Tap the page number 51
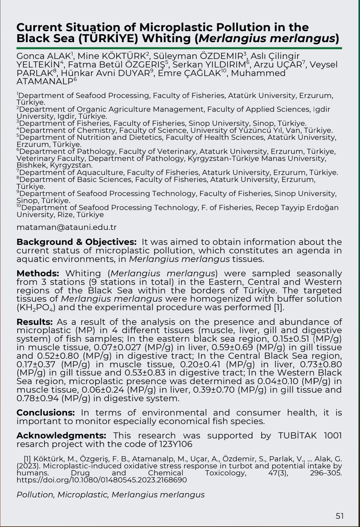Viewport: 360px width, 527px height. pyautogui.click(x=340, y=516)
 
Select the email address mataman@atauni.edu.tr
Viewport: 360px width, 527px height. pyautogui.click(x=67, y=227)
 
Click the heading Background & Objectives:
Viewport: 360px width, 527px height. pyautogui.click(x=76, y=242)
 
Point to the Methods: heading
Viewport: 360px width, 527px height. pyautogui.click(x=38, y=273)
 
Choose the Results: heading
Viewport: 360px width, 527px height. pyautogui.click(x=35, y=322)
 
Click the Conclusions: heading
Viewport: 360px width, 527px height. pyautogui.click(x=45, y=413)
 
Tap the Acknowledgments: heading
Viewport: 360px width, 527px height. pyautogui.click(x=61, y=435)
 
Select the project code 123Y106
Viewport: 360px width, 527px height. pyautogui.click(x=176, y=444)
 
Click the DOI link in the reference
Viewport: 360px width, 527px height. pyautogui.click(x=102, y=480)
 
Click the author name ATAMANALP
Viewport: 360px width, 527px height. pyautogui.click(x=45, y=82)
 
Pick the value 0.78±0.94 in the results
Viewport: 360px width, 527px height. pyautogui.click(x=38, y=398)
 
